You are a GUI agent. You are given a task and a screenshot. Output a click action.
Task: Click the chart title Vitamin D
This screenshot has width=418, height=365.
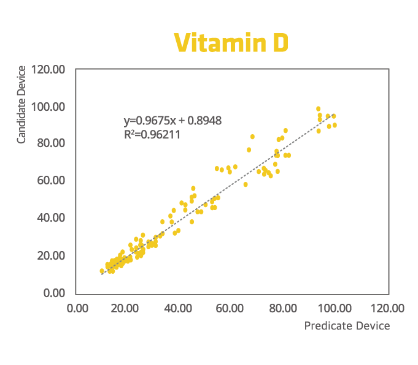(231, 43)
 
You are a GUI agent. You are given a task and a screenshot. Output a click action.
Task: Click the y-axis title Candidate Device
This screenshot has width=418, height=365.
(21, 104)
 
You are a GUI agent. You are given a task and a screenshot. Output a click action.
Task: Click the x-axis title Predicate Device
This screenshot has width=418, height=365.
(347, 326)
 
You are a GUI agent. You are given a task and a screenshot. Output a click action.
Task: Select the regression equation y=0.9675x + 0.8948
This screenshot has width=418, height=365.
(172, 121)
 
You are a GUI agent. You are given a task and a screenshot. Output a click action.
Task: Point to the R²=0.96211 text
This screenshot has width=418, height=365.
(152, 134)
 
